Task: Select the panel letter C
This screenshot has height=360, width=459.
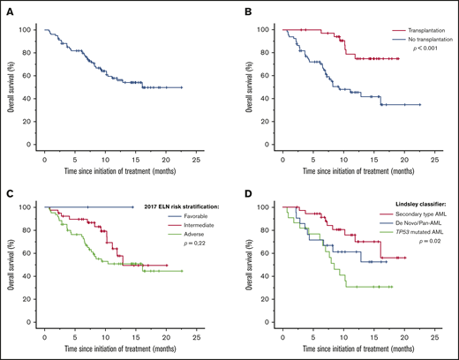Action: (9, 188)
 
